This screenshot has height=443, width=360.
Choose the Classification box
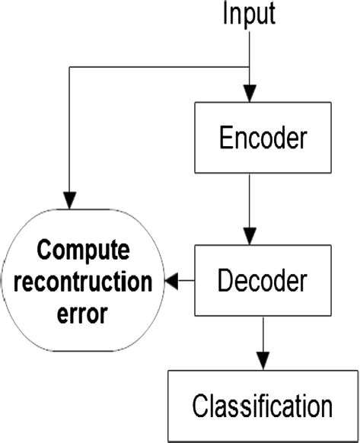262,404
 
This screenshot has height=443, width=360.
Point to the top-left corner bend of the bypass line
69,67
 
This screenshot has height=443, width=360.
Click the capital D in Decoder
225,281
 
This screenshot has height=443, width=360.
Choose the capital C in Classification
200,404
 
